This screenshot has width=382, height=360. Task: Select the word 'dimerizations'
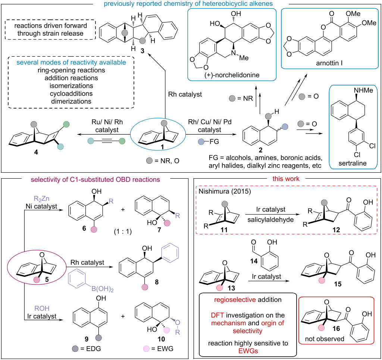tap(71, 101)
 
